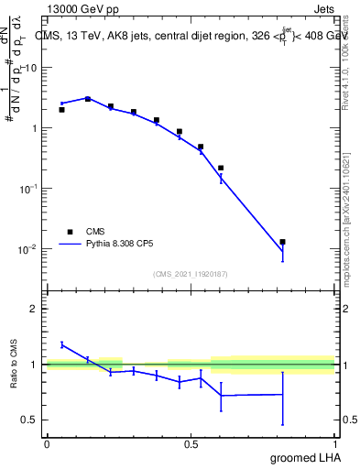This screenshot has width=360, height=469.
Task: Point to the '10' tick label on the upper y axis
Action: tap(31, 68)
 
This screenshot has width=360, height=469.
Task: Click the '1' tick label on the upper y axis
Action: tap(35, 128)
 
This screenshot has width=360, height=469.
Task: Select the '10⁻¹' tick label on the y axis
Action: tap(29, 188)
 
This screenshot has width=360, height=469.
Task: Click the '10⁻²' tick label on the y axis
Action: tap(29, 248)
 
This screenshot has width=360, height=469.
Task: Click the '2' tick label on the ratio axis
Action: tap(35, 309)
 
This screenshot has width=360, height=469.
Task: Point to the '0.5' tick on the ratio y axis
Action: tap(30, 420)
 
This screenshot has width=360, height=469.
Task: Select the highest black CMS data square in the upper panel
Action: tap(88, 98)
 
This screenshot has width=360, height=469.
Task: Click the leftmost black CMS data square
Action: tap(61, 110)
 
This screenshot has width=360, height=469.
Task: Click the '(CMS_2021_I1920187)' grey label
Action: tap(191, 272)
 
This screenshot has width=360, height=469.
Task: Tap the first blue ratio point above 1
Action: tap(61, 344)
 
